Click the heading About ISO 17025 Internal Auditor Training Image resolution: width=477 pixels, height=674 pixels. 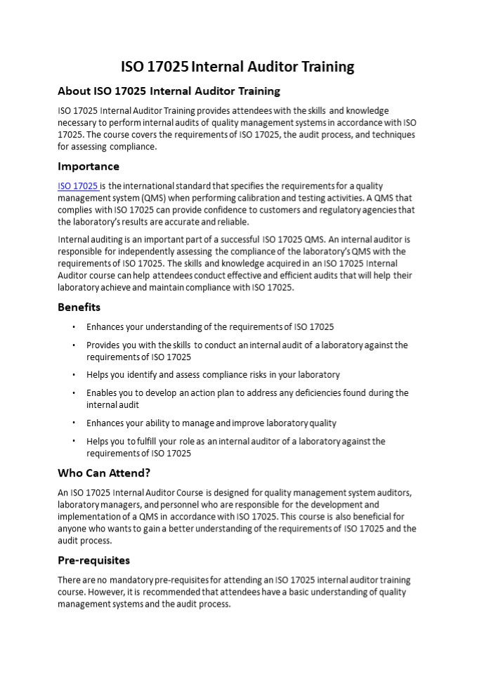[x=169, y=91]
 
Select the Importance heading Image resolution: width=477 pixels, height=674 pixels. [x=89, y=166]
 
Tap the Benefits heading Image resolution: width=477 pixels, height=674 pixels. [x=79, y=307]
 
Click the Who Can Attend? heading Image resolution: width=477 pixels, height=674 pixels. [x=104, y=473]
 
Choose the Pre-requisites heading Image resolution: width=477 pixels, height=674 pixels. [x=93, y=560]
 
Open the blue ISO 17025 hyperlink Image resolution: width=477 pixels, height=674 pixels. [x=77, y=186]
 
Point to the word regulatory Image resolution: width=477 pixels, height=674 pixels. [x=344, y=210]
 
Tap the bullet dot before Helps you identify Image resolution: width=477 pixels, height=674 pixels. [x=73, y=375]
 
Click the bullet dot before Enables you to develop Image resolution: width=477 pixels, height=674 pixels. [x=73, y=393]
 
